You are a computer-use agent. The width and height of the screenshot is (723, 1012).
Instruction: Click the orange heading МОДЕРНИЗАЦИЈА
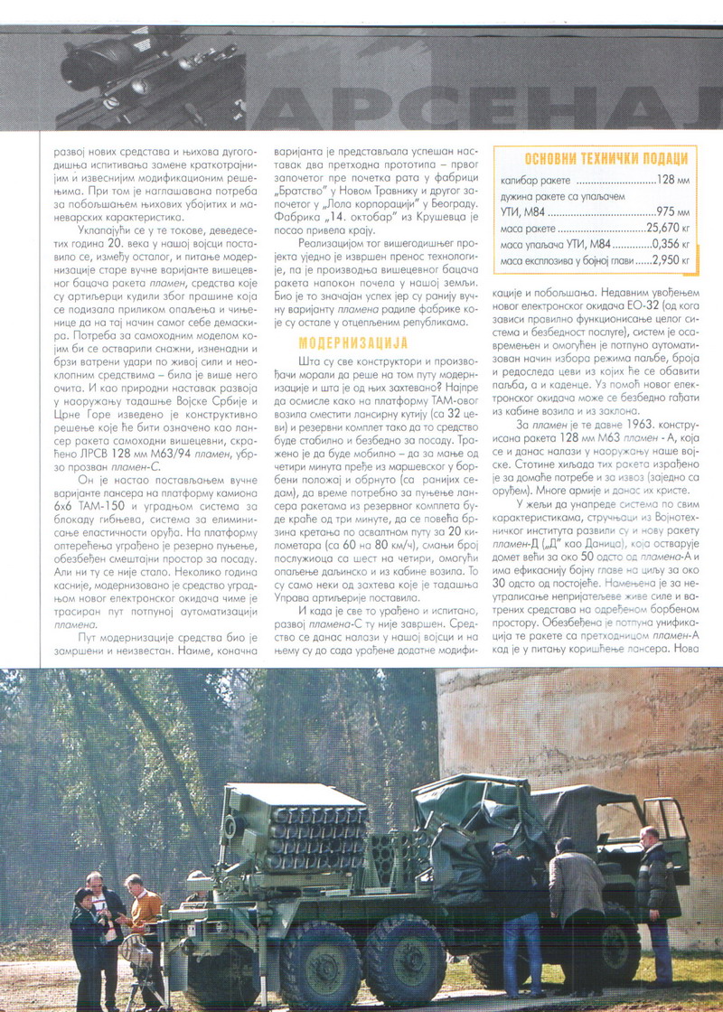pos(352,342)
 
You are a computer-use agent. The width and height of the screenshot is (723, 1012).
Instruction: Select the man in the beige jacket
pos(577,890)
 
